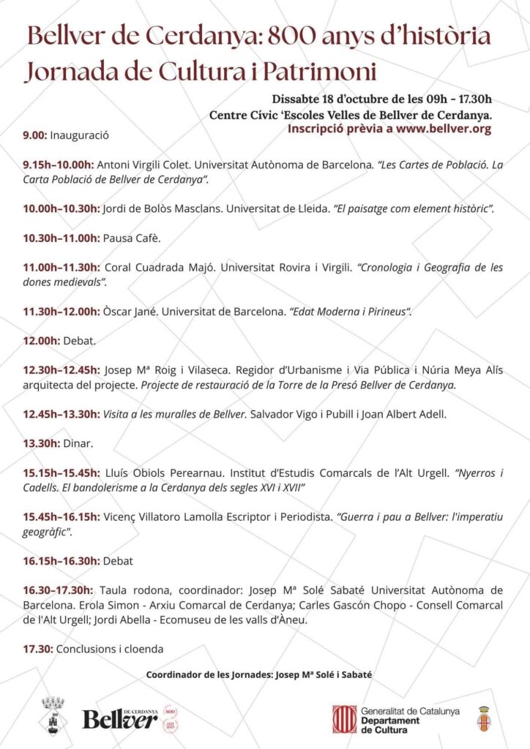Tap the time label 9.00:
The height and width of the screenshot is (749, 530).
coord(35,135)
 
